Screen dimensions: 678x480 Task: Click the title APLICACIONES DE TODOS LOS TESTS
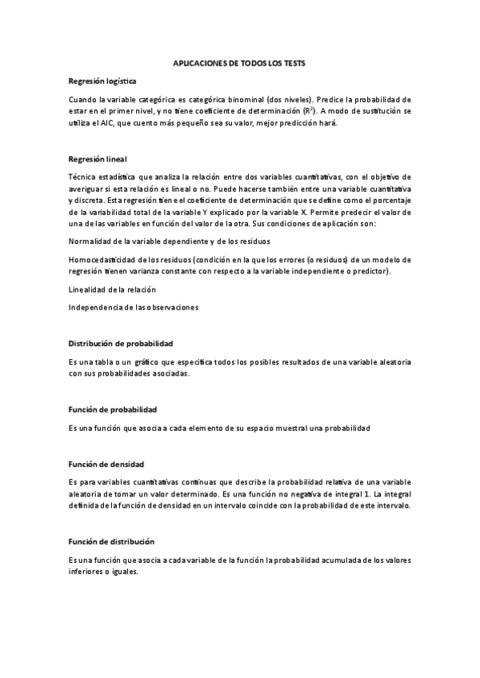240,62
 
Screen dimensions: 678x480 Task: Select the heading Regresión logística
102,82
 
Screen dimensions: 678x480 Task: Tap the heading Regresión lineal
98,159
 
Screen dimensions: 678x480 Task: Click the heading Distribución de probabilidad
121,343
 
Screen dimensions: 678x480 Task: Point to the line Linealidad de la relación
112,289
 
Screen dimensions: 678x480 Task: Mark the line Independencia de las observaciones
133,306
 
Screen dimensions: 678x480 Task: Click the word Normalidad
90,241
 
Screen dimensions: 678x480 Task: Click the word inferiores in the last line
87,572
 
